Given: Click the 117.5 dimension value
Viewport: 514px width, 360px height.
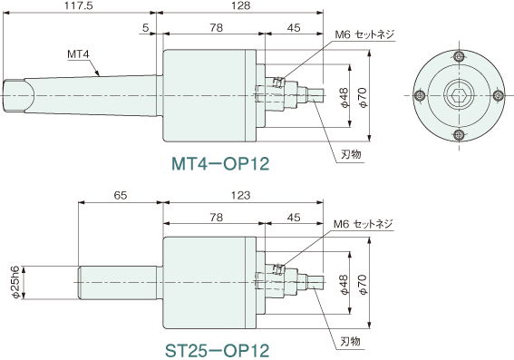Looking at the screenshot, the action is point(78,5).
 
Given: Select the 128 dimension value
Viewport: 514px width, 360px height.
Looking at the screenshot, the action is point(240,5).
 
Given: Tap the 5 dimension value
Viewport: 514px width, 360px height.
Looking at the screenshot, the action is point(146,28).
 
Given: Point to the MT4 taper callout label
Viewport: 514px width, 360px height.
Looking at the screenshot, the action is point(78,54).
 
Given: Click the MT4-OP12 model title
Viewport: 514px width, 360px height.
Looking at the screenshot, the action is point(220,163).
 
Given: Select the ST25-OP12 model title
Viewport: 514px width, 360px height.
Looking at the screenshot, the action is point(217,351).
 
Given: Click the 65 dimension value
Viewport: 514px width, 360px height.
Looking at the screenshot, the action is point(121,195).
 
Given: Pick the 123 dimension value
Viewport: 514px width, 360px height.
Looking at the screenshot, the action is point(240,195).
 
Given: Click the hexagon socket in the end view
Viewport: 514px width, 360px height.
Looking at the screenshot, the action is point(460,96).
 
